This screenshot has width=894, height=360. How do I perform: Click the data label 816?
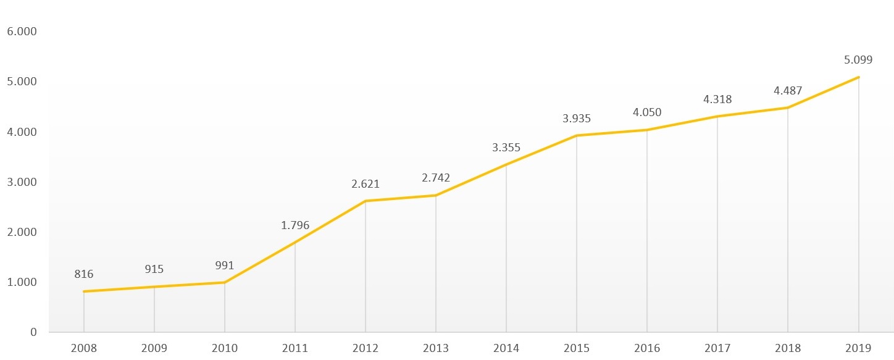pyautogui.click(x=84, y=274)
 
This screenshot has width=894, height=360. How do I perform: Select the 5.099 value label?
pyautogui.click(x=858, y=61)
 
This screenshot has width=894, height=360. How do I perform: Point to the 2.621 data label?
pyautogui.click(x=366, y=184)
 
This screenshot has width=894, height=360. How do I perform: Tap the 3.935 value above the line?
pyautogui.click(x=577, y=119)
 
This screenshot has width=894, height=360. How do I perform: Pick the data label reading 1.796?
pyautogui.click(x=295, y=225)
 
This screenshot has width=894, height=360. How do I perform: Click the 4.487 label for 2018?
pyautogui.click(x=788, y=91)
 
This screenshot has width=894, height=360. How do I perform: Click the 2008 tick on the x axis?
pyautogui.click(x=84, y=348)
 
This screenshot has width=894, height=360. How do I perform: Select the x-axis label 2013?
pyautogui.click(x=436, y=348)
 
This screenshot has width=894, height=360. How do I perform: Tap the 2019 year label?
pyautogui.click(x=858, y=348)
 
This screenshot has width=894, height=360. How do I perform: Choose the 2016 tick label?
pyautogui.click(x=647, y=348)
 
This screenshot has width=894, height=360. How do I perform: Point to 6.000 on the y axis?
pyautogui.click(x=22, y=31)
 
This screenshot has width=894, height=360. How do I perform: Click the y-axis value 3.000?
pyautogui.click(x=22, y=182)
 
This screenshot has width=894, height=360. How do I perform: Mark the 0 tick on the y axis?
pyautogui.click(x=33, y=332)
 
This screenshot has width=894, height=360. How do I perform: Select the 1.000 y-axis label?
pyautogui.click(x=22, y=282)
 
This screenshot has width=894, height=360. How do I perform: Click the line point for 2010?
pyautogui.click(x=225, y=282)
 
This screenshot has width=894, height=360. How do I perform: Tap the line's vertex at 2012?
pyautogui.click(x=366, y=201)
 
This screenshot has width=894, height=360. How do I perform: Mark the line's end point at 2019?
pyautogui.click(x=858, y=77)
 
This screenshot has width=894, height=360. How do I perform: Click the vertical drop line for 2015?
pyautogui.click(x=577, y=235)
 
